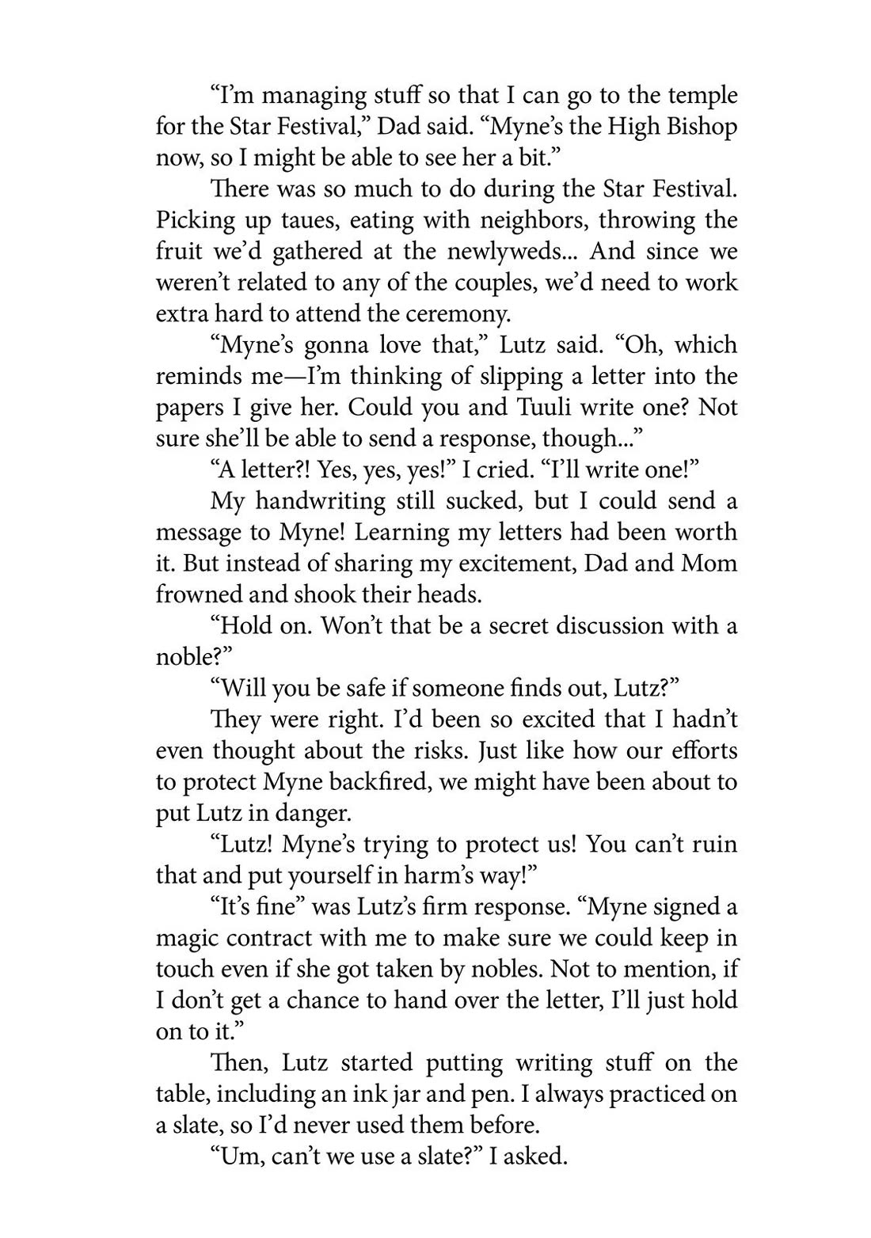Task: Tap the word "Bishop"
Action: click(698, 127)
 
